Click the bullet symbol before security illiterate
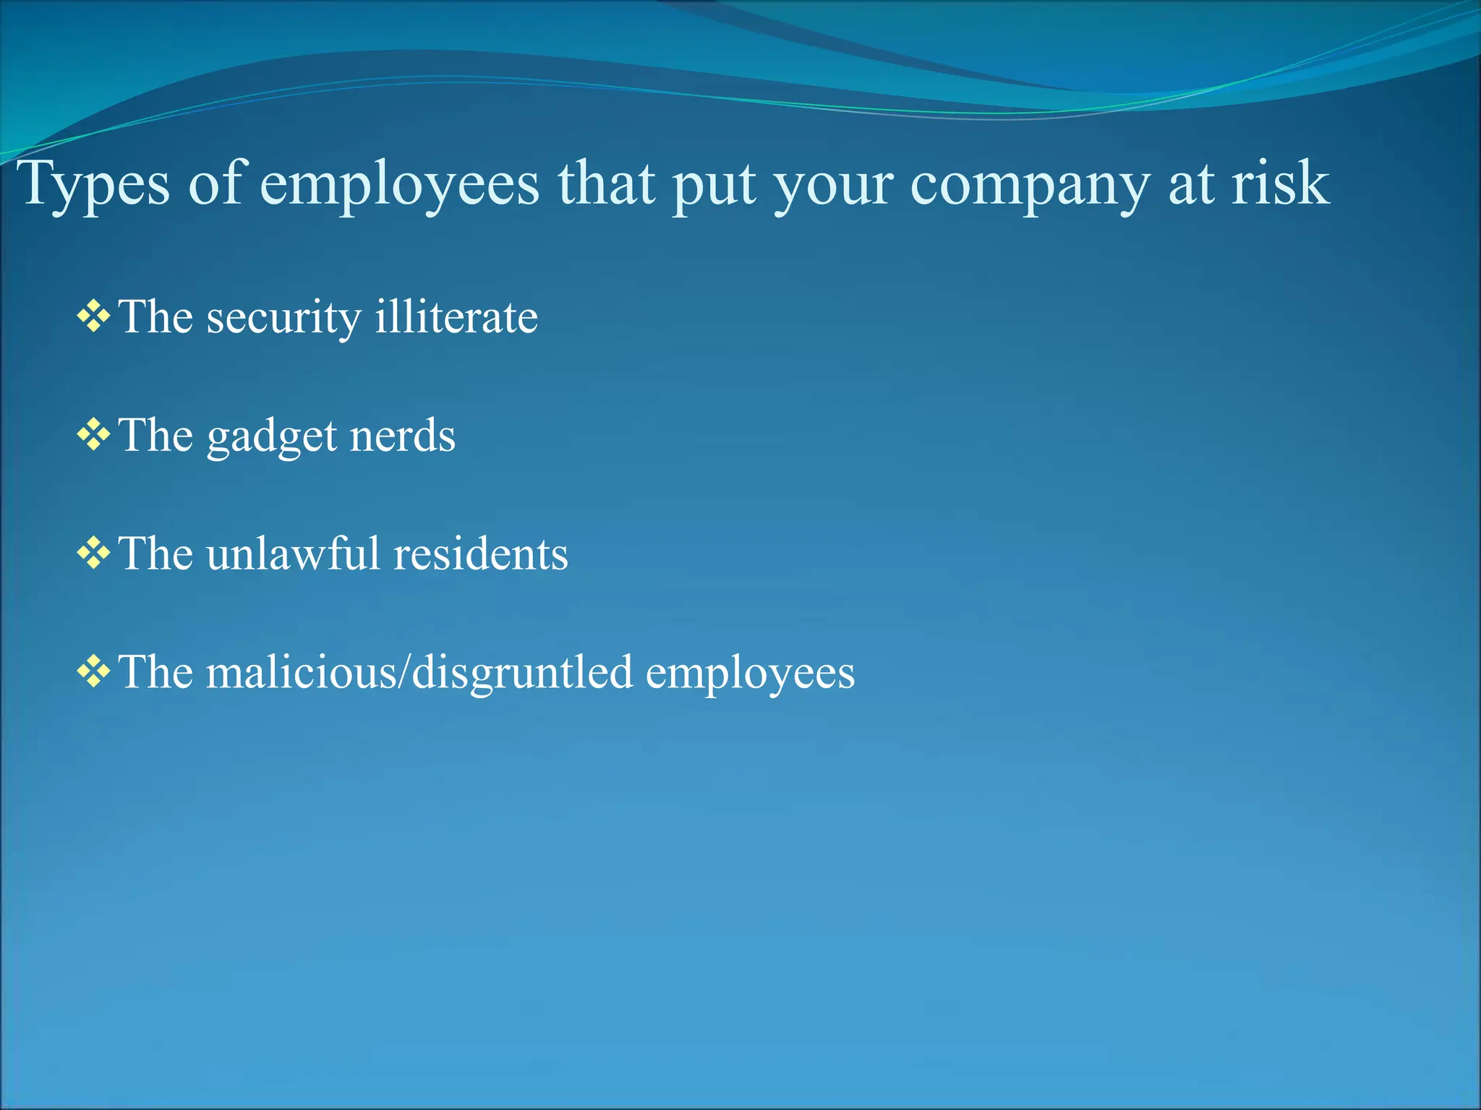pyautogui.click(x=93, y=317)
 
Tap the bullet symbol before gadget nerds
pyautogui.click(x=93, y=435)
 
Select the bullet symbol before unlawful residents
pyautogui.click(x=93, y=554)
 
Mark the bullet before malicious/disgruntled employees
pyautogui.click(x=93, y=672)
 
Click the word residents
pyautogui.click(x=481, y=554)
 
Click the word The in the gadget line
pyautogui.click(x=156, y=435)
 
